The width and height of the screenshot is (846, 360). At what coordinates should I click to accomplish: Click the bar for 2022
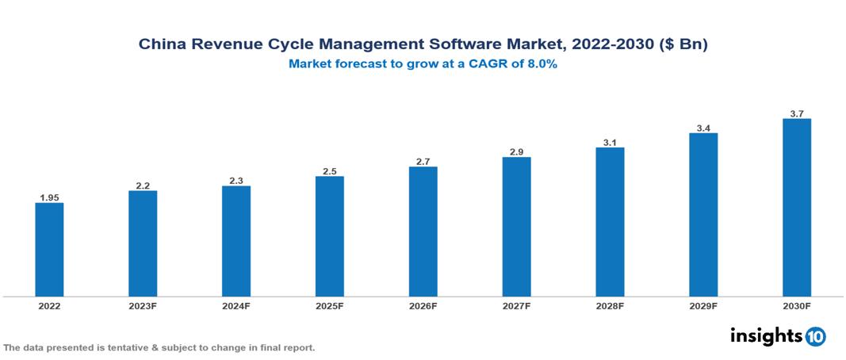point(49,250)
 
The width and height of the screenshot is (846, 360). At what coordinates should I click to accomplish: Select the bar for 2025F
point(329,236)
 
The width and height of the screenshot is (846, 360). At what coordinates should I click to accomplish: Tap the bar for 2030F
point(796,208)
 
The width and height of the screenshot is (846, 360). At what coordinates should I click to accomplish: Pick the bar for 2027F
point(516,227)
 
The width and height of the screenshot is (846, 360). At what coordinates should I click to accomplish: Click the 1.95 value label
point(49,197)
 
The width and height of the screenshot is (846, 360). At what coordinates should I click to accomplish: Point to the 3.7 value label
point(797,113)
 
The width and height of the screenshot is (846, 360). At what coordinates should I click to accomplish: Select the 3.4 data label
point(703,128)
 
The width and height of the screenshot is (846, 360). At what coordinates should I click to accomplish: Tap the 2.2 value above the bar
point(143,186)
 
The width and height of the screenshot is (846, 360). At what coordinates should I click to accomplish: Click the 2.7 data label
point(423,162)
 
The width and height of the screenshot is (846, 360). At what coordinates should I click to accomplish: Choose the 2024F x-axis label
point(236,305)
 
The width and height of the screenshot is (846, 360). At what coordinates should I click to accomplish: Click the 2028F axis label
point(610,305)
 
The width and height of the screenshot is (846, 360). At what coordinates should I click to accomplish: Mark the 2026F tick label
point(423,305)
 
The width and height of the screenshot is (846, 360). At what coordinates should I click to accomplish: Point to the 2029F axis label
point(703,305)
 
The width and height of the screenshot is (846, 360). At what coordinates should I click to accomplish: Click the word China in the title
point(160,45)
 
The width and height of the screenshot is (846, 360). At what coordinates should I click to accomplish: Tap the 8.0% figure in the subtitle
point(540,64)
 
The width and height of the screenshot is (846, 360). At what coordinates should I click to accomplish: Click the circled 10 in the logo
point(815,336)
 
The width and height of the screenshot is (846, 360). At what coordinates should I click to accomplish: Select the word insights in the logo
point(766,335)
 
